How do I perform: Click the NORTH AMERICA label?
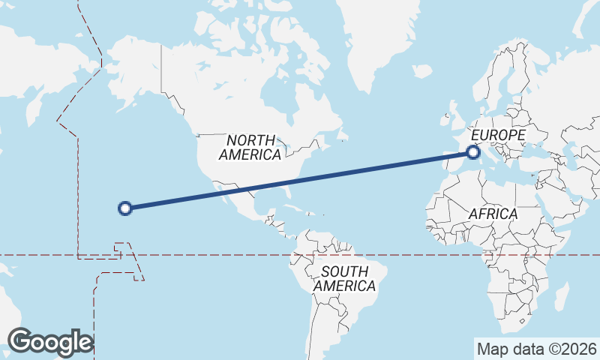(x=250, y=147)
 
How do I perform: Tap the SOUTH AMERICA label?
(x=344, y=279)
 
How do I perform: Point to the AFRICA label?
(x=493, y=214)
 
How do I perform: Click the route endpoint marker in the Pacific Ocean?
(x=126, y=208)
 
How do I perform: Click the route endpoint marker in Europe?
(x=473, y=152)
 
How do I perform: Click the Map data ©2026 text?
(x=537, y=349)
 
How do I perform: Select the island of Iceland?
(x=421, y=72)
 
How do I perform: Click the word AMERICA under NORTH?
(x=250, y=154)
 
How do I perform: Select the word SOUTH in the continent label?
(x=344, y=271)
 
